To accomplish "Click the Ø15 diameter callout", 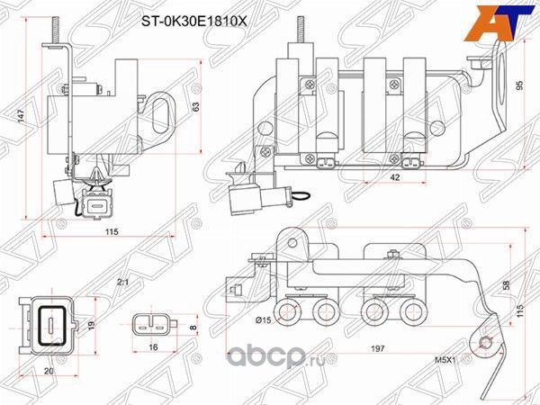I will pyautogui.click(x=264, y=319).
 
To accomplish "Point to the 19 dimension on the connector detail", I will pyautogui.click(x=89, y=324).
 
